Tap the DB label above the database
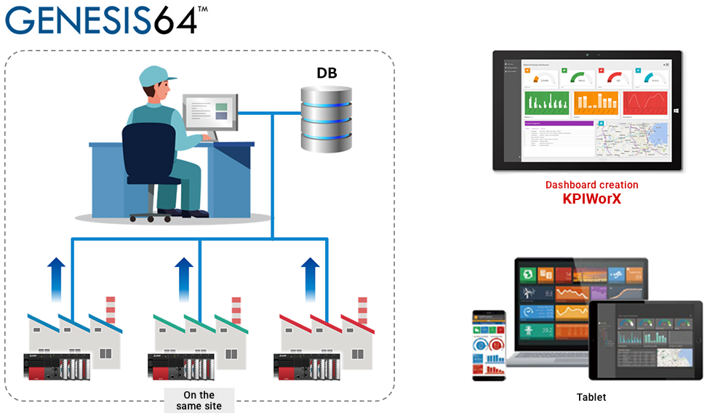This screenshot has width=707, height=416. [x=327, y=73]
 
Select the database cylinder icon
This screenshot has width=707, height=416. [x=327, y=118]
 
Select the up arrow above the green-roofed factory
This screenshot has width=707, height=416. [x=185, y=279]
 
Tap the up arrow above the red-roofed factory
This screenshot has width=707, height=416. [x=311, y=279]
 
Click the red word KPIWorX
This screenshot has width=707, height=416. [x=591, y=199]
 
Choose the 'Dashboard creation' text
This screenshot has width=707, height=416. [x=591, y=185]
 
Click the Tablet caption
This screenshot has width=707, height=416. [x=591, y=397]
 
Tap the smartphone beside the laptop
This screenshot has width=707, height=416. [x=490, y=344]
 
